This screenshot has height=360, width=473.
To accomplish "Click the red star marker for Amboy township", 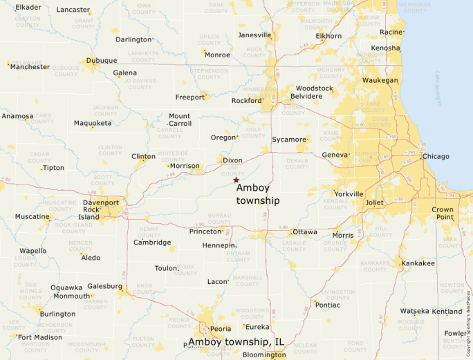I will point(236,180).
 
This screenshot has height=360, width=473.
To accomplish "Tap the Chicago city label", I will point(436,157).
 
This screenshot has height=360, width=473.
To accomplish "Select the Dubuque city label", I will point(102,60).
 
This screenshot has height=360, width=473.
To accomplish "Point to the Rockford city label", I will point(247,100).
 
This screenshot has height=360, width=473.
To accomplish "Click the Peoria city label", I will point(221,329).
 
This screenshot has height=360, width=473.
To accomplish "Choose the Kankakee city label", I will point(418,263).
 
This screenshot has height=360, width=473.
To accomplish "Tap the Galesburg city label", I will point(105,286).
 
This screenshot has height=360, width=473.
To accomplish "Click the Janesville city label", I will point(254,35).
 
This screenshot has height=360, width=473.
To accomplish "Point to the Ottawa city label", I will point(305,232).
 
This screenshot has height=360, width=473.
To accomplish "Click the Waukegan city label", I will point(380,80).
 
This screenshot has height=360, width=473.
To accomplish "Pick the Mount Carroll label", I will point(179,120).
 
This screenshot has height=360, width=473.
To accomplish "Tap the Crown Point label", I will point(443,213).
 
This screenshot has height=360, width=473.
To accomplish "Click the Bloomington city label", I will point(263,355).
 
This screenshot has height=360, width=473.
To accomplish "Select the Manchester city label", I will point(30,67).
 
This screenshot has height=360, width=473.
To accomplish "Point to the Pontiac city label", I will point(327,305).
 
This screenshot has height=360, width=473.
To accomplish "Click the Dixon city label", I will point(233,160).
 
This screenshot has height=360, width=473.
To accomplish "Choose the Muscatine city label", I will point(33,216).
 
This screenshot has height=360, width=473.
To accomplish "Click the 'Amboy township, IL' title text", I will point(236,342).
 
